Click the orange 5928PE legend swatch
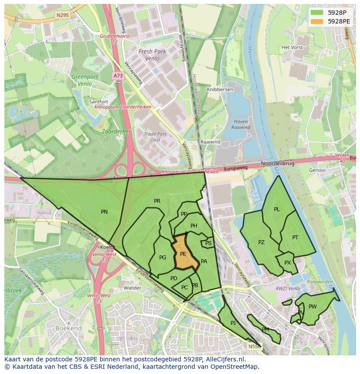[317, 21]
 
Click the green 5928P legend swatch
[317, 13]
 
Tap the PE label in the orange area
[183, 254]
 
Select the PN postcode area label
[104, 212]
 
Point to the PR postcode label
[157, 201]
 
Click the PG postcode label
[163, 258]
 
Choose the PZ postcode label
[261, 242]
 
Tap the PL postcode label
[277, 209]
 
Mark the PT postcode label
[295, 238]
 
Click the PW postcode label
[313, 307]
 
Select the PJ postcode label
[233, 323]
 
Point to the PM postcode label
[265, 330]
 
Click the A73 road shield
[118, 76]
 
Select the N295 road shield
[63, 15]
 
